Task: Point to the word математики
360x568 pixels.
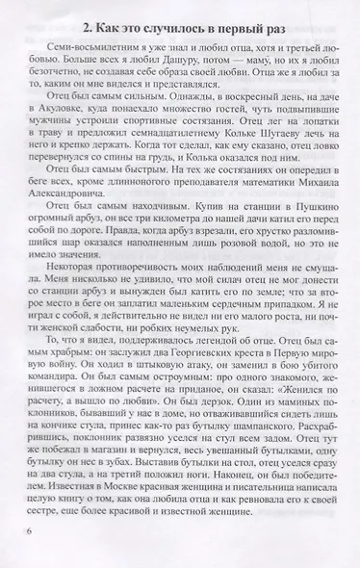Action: point(241,212)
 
